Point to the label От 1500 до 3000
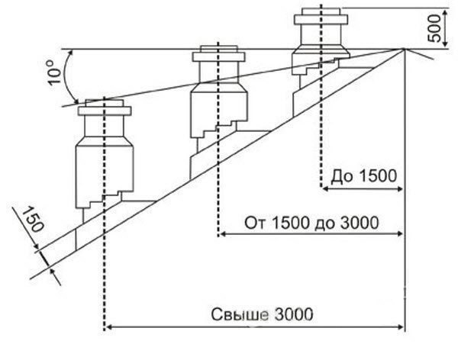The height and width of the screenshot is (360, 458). (311, 224)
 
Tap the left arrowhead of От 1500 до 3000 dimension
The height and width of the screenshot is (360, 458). (223, 235)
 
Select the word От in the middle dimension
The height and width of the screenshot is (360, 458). (253, 224)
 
